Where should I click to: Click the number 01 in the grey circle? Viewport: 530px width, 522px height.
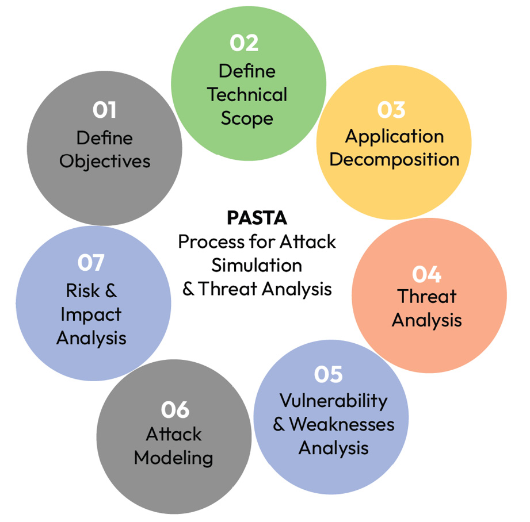(104, 110)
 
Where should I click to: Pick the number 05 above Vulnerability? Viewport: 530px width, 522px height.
(329, 374)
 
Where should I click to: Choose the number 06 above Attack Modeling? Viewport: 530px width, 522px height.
(175, 410)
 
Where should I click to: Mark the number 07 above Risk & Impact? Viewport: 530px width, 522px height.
(91, 263)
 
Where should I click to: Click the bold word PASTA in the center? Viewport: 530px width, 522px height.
(257, 218)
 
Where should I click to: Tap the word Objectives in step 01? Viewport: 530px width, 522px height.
(105, 161)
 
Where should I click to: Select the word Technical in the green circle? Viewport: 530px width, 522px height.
(247, 95)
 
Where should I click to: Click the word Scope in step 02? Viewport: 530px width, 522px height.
(247, 118)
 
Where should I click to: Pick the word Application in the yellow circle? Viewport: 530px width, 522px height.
(394, 136)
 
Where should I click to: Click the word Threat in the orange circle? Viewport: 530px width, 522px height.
(426, 297)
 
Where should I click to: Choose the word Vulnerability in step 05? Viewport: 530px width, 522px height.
(333, 401)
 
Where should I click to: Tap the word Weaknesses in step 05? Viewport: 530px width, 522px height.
(342, 424)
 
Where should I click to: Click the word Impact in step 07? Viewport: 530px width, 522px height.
(91, 314)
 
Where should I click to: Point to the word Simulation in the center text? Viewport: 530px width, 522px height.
(257, 265)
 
